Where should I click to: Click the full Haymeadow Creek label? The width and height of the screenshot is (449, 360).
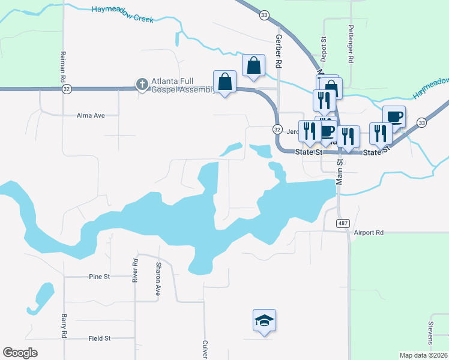(x=122, y=14)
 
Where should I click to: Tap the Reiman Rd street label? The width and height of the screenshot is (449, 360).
(x=62, y=66)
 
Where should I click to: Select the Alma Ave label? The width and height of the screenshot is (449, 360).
(x=91, y=115)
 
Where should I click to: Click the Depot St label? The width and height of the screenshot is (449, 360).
(x=323, y=48)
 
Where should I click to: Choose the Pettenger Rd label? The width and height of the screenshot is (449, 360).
(x=351, y=45)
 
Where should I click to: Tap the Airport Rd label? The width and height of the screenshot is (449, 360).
(x=368, y=232)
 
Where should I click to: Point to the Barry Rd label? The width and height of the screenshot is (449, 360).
(x=63, y=326)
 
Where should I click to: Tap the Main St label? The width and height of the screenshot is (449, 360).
(x=339, y=170)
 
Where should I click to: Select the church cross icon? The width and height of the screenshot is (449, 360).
(x=142, y=84)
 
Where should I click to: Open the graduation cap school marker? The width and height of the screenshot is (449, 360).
(x=264, y=322)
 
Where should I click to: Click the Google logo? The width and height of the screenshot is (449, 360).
(x=20, y=353)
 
